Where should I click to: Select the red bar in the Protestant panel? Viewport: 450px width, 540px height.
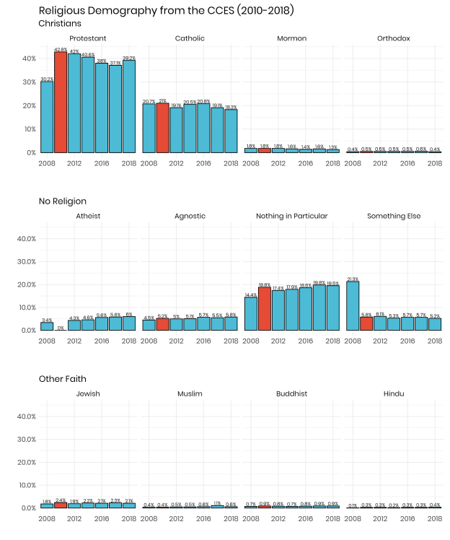click(x=61, y=103)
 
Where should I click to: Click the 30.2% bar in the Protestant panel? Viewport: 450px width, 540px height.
click(x=47, y=117)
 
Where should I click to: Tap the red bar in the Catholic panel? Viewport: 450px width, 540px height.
click(x=162, y=128)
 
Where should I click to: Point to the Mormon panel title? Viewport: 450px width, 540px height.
click(x=291, y=38)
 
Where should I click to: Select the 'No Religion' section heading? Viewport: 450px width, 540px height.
click(x=63, y=201)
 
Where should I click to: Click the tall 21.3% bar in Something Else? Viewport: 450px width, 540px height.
click(x=353, y=305)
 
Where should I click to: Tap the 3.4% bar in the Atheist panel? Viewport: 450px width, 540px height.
click(x=47, y=326)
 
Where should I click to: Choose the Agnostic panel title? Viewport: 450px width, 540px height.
click(x=190, y=216)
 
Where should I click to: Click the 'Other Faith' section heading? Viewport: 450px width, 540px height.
click(x=61, y=378)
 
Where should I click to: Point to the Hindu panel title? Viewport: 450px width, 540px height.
click(x=393, y=393)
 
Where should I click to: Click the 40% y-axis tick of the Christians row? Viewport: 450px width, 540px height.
click(x=27, y=58)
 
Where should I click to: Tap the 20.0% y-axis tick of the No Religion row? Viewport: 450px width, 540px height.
click(x=25, y=284)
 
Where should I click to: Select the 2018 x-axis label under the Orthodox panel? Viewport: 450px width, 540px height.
click(x=434, y=163)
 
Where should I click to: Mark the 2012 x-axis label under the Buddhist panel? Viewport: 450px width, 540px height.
click(x=278, y=518)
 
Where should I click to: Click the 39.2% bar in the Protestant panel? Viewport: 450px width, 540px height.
click(x=129, y=106)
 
